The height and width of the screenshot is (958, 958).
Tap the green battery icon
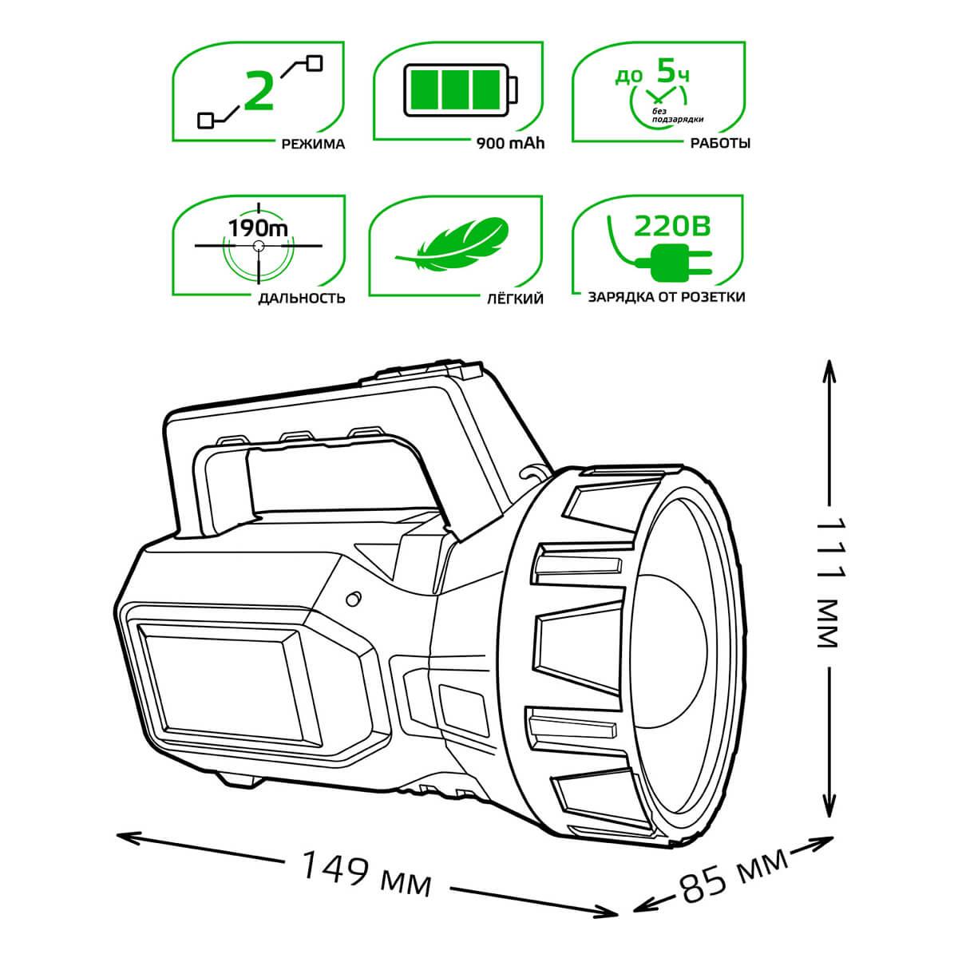tap(461, 89)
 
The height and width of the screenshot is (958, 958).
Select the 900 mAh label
tap(510, 144)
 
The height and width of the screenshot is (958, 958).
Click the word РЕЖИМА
tap(313, 144)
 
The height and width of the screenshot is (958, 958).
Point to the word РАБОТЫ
tap(720, 143)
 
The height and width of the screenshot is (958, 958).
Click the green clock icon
tap(658, 102)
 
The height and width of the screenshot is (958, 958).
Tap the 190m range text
tap(258, 228)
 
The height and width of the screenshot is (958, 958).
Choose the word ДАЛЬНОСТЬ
tap(301, 299)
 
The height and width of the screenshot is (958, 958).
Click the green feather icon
tap(453, 244)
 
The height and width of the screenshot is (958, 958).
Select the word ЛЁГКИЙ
tap(515, 299)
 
